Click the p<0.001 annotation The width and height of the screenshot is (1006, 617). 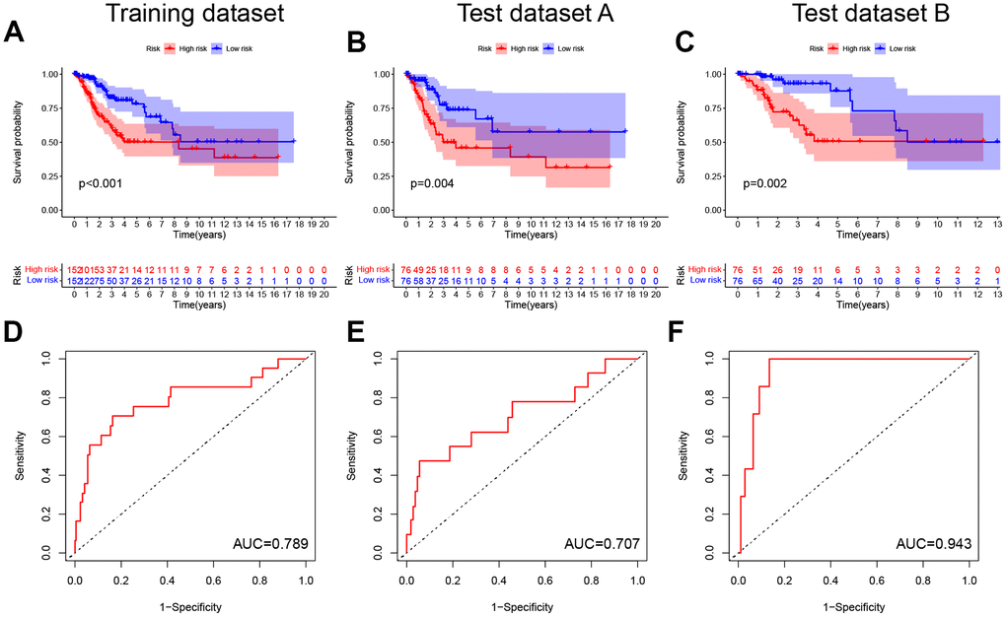pyautogui.click(x=101, y=183)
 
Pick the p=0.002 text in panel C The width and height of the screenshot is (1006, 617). pyautogui.click(x=765, y=183)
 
